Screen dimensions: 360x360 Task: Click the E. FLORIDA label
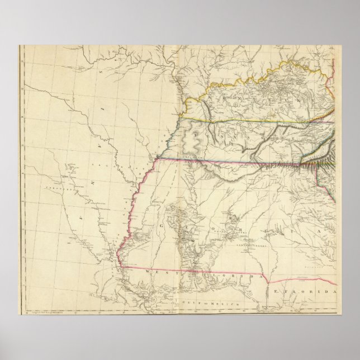(x=313, y=292)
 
